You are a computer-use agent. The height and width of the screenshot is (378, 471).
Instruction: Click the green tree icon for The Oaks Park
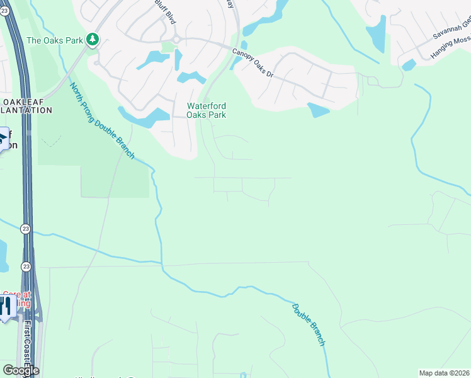pos(93,40)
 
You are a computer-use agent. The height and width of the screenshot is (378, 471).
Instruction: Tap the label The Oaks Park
pos(55,40)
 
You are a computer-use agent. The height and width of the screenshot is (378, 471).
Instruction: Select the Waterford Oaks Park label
pos(206,110)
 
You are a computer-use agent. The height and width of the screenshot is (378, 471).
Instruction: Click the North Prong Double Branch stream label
pos(101,120)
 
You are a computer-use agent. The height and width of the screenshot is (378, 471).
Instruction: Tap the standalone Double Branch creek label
pos(309,324)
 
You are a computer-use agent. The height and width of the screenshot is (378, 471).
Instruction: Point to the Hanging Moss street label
pos(451,47)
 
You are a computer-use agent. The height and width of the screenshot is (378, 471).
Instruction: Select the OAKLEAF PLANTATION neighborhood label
pos(25,106)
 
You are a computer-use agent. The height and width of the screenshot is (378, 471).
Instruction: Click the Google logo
pos(21,370)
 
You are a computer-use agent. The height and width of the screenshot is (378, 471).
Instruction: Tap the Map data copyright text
pos(443,373)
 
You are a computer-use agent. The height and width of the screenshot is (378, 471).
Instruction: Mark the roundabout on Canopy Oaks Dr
pos(176,39)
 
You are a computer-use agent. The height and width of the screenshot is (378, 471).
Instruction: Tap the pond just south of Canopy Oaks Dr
pos(317,110)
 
